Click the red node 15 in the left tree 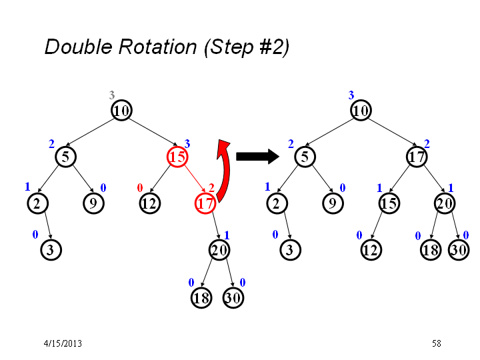coord(177,157)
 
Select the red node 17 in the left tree coord(205,203)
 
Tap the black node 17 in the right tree coord(417,157)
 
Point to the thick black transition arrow coord(257,157)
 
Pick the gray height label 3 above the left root coord(112,95)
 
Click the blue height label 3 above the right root coord(351,95)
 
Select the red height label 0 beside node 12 coord(140,187)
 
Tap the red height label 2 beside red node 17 coord(211,187)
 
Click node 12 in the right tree coord(371,250)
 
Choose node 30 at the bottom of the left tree coord(233,298)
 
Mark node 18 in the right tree coord(431,250)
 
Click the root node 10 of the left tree coord(121,110)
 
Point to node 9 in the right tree coord(333,203)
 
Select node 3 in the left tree coord(51,250)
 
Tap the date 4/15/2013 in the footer coord(63,343)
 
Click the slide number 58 coord(437,343)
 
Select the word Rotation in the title coord(157,47)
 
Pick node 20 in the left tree coord(219,250)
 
